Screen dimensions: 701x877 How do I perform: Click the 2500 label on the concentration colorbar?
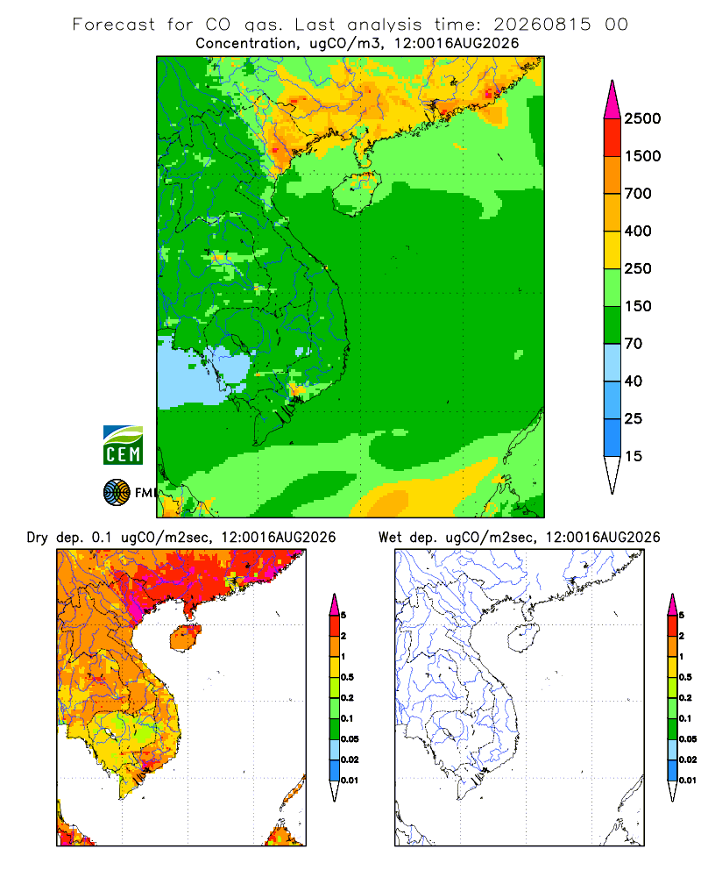coord(642,118)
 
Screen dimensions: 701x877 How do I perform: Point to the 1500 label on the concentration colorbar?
coord(642,156)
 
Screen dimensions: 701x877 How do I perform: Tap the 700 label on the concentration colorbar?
coord(638,194)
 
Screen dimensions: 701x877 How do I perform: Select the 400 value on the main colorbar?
coord(638,231)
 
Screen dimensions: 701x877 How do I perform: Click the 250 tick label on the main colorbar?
coord(638,268)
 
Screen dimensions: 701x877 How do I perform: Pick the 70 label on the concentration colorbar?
coord(634,344)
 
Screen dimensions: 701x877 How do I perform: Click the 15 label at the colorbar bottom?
coord(634,456)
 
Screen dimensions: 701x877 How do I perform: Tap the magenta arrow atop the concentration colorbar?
coord(612,101)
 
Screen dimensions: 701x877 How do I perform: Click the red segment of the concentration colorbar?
coord(612,138)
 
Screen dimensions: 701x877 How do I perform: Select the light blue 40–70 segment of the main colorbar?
coord(612,362)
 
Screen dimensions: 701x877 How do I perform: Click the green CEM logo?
coord(123,446)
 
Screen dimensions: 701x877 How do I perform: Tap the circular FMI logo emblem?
coord(117,493)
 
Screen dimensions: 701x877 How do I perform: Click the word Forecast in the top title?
coord(114,25)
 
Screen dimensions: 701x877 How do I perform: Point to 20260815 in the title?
coord(542,25)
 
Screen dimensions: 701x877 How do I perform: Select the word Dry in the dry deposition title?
coord(38,538)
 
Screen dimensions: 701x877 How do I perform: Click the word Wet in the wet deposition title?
coord(390,538)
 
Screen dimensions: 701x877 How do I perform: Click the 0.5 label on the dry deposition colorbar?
coord(348,677)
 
